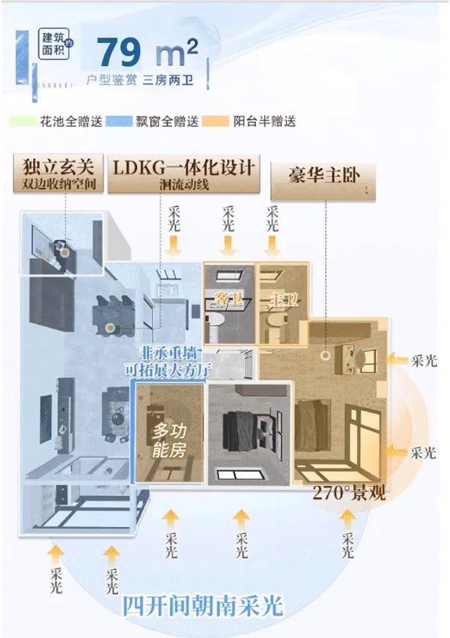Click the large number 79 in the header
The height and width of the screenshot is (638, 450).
118,51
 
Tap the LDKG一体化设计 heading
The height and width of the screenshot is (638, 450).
185,166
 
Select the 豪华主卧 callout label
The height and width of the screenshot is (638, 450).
323,177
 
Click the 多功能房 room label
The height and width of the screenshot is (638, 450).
169,441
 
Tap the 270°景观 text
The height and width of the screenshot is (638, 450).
349,493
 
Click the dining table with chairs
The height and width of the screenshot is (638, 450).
112,314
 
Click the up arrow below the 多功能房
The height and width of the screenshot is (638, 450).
171,518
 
